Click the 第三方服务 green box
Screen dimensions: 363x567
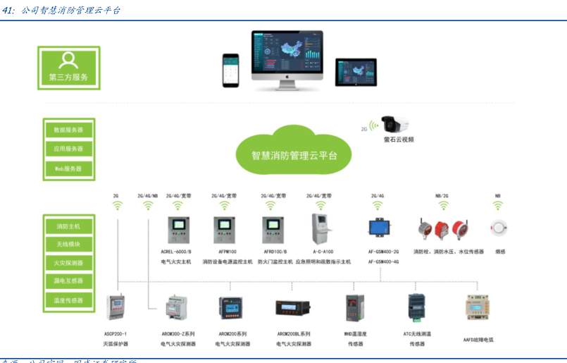[x=68, y=68]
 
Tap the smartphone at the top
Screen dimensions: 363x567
[x=231, y=69]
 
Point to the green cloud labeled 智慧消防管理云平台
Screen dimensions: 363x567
[x=294, y=153]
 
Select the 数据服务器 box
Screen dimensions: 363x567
[x=68, y=130]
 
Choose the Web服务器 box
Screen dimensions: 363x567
[x=68, y=168]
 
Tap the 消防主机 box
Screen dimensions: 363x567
[x=68, y=226]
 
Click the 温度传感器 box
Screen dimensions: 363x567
[x=68, y=300]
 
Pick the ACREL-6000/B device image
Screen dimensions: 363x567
[x=176, y=230]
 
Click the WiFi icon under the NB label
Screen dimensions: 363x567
[x=498, y=206]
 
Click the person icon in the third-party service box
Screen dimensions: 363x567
[x=68, y=59]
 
